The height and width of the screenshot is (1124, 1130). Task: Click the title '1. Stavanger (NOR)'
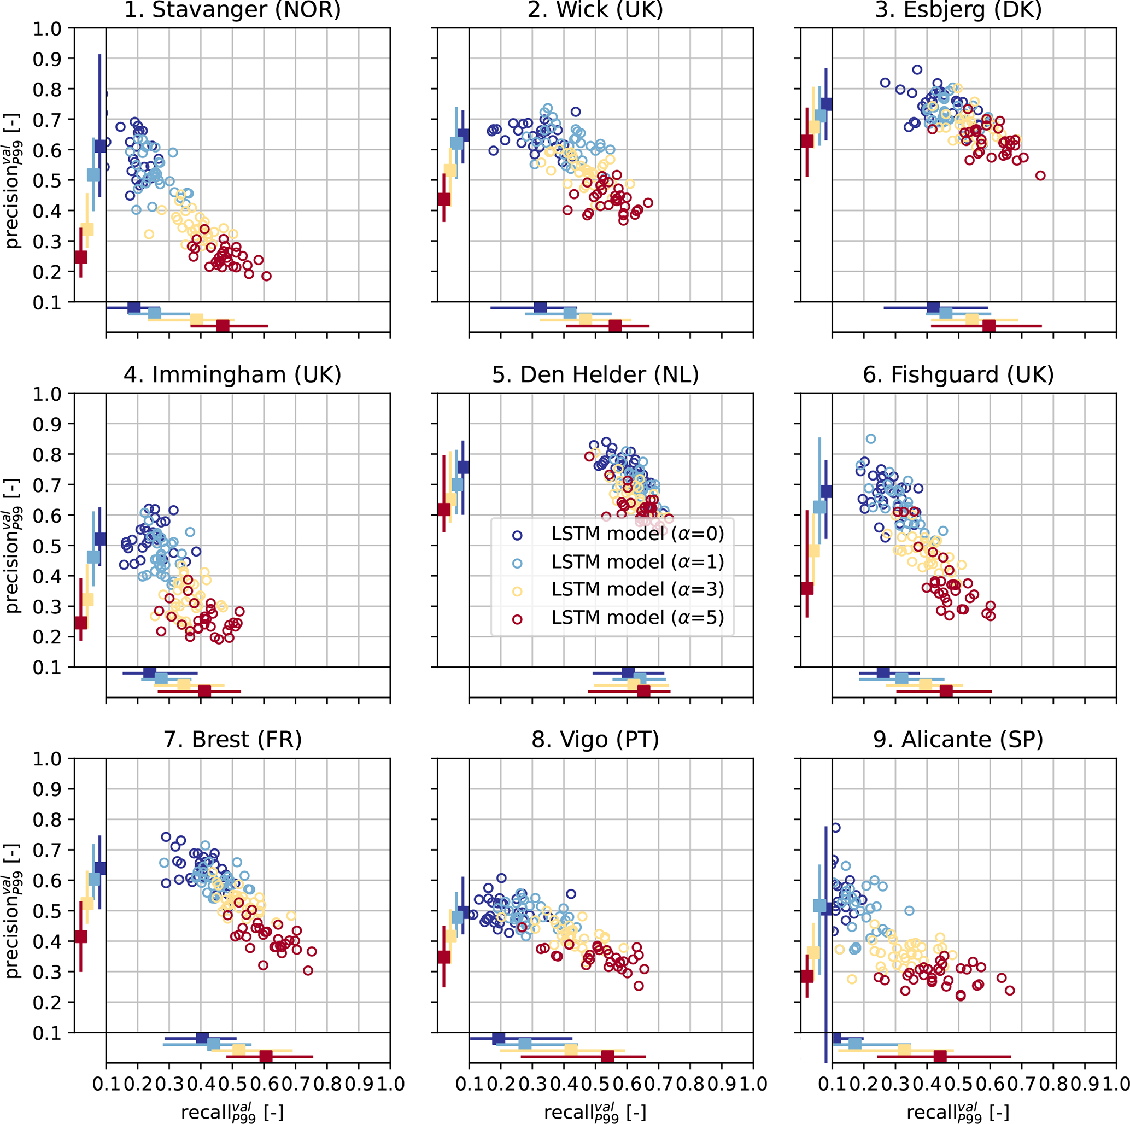tap(232, 10)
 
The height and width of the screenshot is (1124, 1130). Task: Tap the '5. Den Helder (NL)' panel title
tap(595, 375)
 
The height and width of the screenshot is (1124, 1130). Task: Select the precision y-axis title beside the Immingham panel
tap(13, 545)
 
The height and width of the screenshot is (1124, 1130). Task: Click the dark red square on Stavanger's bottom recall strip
tap(223, 326)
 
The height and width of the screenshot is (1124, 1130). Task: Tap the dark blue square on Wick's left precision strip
tap(463, 134)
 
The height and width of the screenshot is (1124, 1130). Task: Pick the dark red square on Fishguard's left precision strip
tap(807, 588)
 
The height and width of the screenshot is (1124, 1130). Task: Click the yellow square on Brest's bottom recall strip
tap(239, 1050)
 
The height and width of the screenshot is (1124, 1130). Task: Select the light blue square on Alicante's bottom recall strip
tap(855, 1044)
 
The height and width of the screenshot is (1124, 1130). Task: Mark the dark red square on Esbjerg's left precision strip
tap(807, 141)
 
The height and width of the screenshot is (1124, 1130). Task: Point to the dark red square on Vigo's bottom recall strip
tap(608, 1056)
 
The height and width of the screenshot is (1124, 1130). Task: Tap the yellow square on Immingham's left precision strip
tap(87, 599)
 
